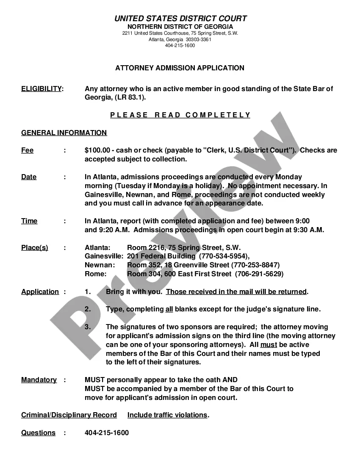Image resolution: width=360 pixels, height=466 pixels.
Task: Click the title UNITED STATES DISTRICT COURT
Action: [180, 19]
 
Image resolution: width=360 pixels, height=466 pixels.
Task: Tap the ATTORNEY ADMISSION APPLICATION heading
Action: [180, 68]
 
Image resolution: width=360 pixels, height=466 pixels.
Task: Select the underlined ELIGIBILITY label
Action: [42, 89]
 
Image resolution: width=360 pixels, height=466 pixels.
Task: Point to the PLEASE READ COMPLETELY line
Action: [180, 115]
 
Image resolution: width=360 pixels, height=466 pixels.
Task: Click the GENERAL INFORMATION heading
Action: [64, 133]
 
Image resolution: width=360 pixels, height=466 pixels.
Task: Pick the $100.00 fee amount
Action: [97, 150]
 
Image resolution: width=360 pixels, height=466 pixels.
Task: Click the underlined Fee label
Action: [27, 150]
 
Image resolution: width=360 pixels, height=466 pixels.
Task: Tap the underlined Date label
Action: [29, 177]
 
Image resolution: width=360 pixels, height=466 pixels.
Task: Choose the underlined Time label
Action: [29, 221]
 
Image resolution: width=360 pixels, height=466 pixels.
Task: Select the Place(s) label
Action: [35, 248]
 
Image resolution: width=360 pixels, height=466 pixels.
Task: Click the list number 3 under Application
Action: [88, 327]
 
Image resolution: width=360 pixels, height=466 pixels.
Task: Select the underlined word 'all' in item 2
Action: [169, 309]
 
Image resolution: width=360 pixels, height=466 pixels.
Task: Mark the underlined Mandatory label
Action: [39, 380]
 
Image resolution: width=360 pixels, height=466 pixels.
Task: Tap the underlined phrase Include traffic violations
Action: [167, 415]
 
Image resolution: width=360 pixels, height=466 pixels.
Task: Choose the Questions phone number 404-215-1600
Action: [107, 433]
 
